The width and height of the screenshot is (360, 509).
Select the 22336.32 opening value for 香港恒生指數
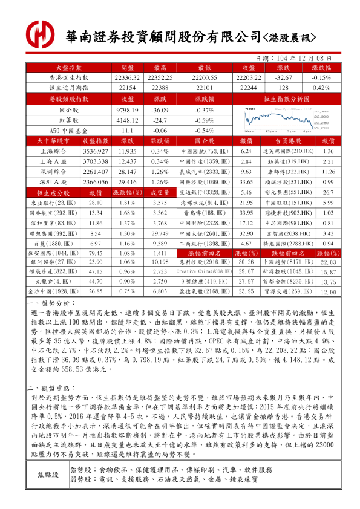(126, 78)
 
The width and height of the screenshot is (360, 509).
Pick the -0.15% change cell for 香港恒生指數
(321, 78)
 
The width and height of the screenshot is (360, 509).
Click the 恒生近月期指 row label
(68, 88)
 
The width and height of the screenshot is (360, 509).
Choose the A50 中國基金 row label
(68, 130)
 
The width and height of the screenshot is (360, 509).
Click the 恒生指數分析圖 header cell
(286, 98)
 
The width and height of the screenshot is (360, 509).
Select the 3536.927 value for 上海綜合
(95, 151)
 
